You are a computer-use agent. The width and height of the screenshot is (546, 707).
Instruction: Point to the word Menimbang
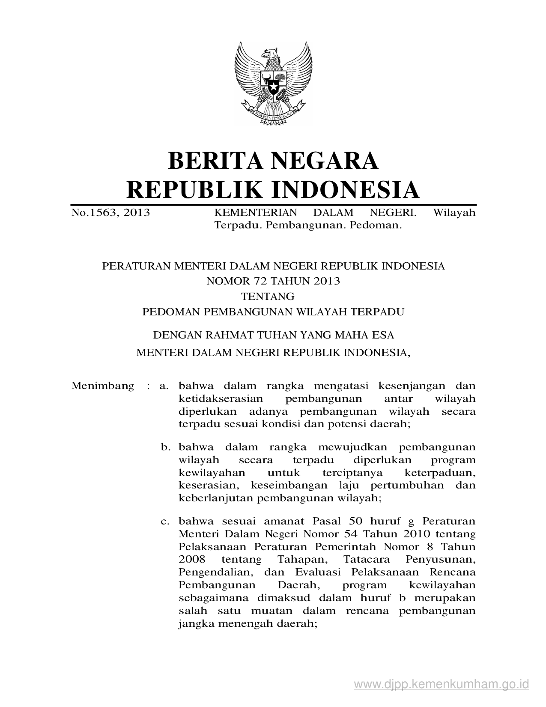[x=103, y=386]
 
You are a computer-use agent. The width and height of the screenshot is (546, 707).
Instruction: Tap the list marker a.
[x=163, y=386]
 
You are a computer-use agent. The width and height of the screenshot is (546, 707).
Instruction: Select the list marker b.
[x=165, y=448]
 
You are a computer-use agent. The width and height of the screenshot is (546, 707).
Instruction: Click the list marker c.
[x=165, y=522]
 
